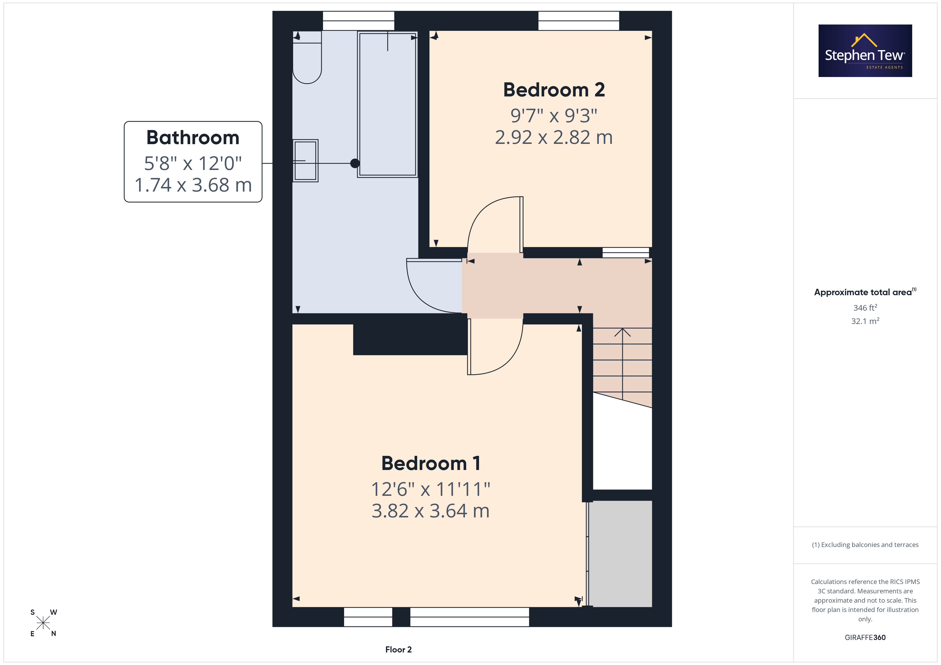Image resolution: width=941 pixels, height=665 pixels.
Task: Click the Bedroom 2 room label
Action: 554,90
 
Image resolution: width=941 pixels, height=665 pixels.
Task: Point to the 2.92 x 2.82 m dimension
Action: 554,137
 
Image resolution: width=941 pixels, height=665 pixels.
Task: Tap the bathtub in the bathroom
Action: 387,104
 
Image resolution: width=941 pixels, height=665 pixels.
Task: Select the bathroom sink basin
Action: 305,160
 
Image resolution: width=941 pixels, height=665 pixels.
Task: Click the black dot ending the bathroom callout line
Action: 355,163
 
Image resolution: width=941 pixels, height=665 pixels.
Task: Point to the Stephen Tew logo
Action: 865,51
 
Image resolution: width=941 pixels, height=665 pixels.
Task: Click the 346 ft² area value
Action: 865,307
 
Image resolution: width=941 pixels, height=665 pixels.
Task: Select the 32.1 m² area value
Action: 865,321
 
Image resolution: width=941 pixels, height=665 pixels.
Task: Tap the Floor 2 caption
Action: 398,650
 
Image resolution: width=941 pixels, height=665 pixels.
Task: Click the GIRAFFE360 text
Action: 865,638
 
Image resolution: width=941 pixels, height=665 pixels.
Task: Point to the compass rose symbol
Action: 43,623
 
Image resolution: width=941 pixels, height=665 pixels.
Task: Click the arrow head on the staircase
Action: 623,332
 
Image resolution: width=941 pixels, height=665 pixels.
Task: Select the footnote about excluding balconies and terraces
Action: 865,545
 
